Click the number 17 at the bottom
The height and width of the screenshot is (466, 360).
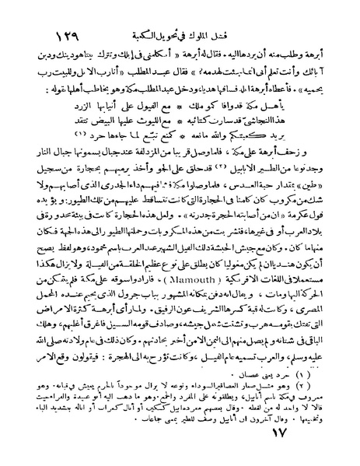(x=316, y=447)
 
